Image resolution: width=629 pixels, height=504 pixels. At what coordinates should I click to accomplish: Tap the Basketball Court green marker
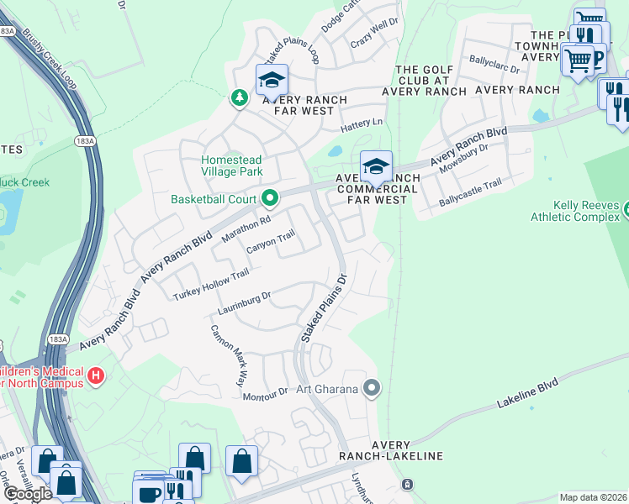coord(270,199)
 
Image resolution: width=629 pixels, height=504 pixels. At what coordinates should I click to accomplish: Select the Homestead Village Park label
coord(232,165)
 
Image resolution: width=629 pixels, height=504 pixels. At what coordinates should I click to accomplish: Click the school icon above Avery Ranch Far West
coord(272,81)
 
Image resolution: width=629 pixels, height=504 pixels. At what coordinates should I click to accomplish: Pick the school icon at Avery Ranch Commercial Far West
coord(376,166)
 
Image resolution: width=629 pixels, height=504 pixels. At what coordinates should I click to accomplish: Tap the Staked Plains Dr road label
coord(325,307)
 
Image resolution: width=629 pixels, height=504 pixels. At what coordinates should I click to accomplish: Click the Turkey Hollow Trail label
coord(211,285)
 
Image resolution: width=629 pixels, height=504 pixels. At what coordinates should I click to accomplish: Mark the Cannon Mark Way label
coord(227,354)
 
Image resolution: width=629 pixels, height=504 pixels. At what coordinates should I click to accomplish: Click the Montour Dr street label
coord(271,392)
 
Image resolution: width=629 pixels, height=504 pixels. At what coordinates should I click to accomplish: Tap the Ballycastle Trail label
coord(471,194)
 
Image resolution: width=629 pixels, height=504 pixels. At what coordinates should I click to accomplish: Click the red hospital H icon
coord(96,375)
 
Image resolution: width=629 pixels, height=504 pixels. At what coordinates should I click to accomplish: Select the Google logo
coord(28,494)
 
